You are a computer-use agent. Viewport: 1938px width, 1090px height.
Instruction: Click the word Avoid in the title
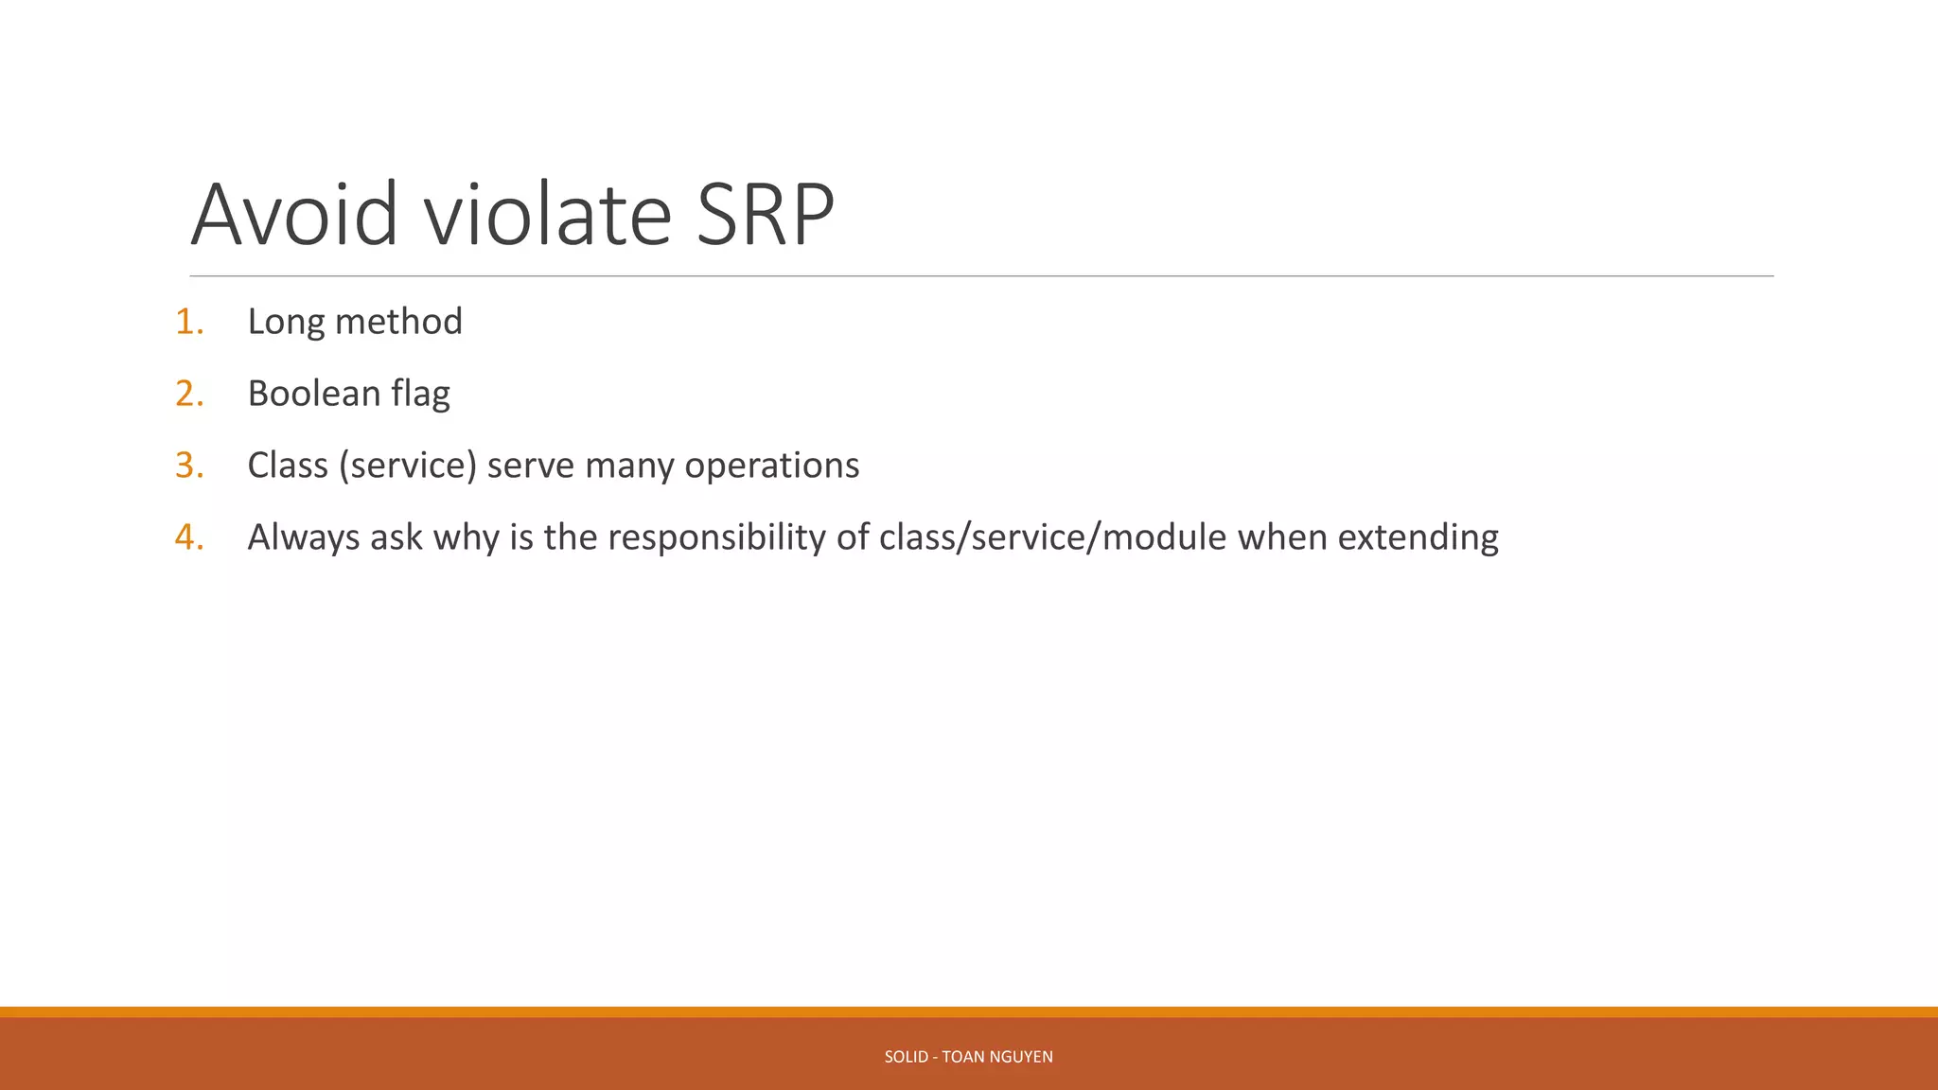(294, 216)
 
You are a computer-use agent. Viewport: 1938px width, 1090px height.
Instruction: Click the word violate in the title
(547, 216)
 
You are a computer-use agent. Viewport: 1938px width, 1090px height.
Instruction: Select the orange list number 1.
(188, 322)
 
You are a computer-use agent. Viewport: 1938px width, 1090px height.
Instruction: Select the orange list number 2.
(188, 394)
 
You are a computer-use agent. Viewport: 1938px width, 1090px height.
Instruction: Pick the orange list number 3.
(188, 466)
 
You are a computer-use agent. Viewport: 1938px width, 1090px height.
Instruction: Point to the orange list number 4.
(188, 537)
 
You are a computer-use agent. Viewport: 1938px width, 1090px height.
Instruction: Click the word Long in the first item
(286, 323)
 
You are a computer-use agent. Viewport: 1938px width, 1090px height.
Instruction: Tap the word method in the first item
(398, 322)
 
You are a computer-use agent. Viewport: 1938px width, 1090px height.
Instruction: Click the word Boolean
(313, 394)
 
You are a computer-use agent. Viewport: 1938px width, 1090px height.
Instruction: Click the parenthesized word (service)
(408, 466)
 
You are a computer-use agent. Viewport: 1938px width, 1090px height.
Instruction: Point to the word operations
(771, 466)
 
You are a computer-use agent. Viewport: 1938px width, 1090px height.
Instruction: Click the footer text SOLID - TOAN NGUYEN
(968, 1057)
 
